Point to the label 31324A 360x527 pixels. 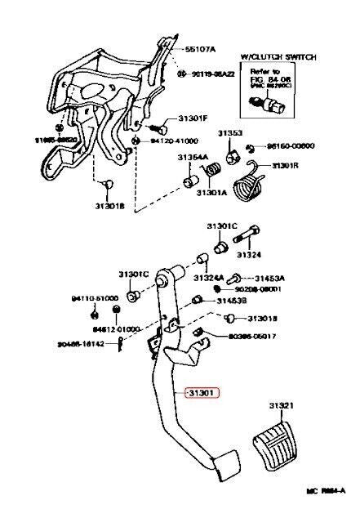[x=210, y=279]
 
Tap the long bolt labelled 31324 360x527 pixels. [x=250, y=240]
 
